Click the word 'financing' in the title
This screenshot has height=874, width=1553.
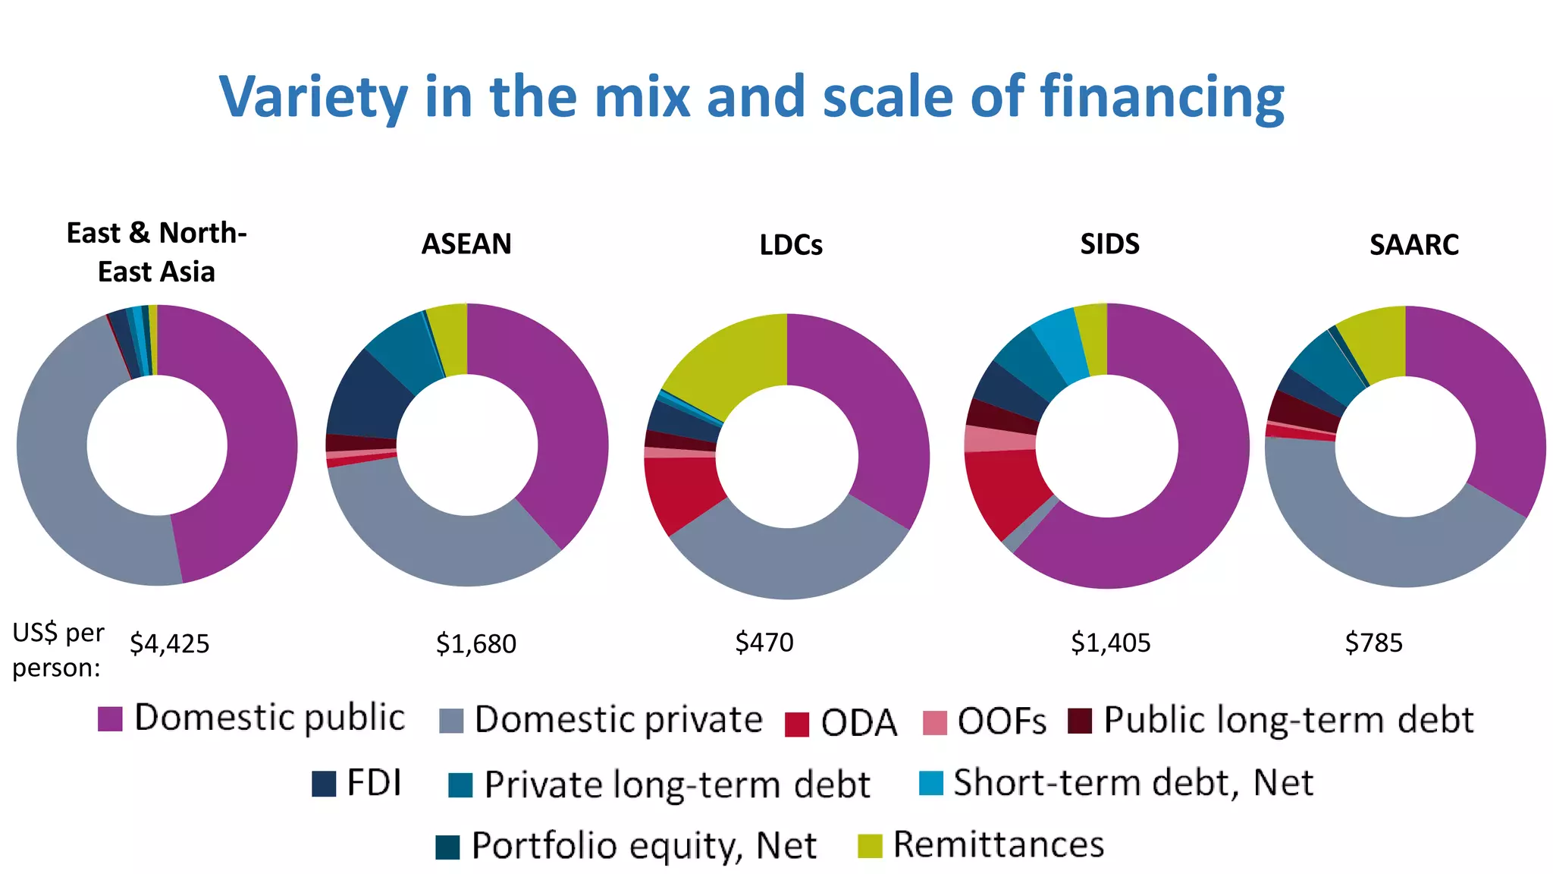click(1162, 97)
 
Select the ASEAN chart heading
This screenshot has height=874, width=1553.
click(466, 244)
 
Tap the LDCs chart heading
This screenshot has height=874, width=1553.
click(791, 245)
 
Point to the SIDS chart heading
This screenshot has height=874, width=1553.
click(1109, 244)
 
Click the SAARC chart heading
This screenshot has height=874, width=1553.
click(1413, 245)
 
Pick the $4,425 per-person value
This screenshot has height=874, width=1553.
click(169, 643)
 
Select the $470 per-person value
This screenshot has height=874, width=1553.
click(764, 643)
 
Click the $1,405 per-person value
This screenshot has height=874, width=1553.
click(1110, 643)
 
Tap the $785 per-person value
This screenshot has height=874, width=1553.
click(1373, 643)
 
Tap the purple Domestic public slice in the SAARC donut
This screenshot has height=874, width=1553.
click(1486, 402)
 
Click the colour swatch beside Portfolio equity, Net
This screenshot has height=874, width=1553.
click(448, 847)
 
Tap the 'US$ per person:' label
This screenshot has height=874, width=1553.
click(58, 650)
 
